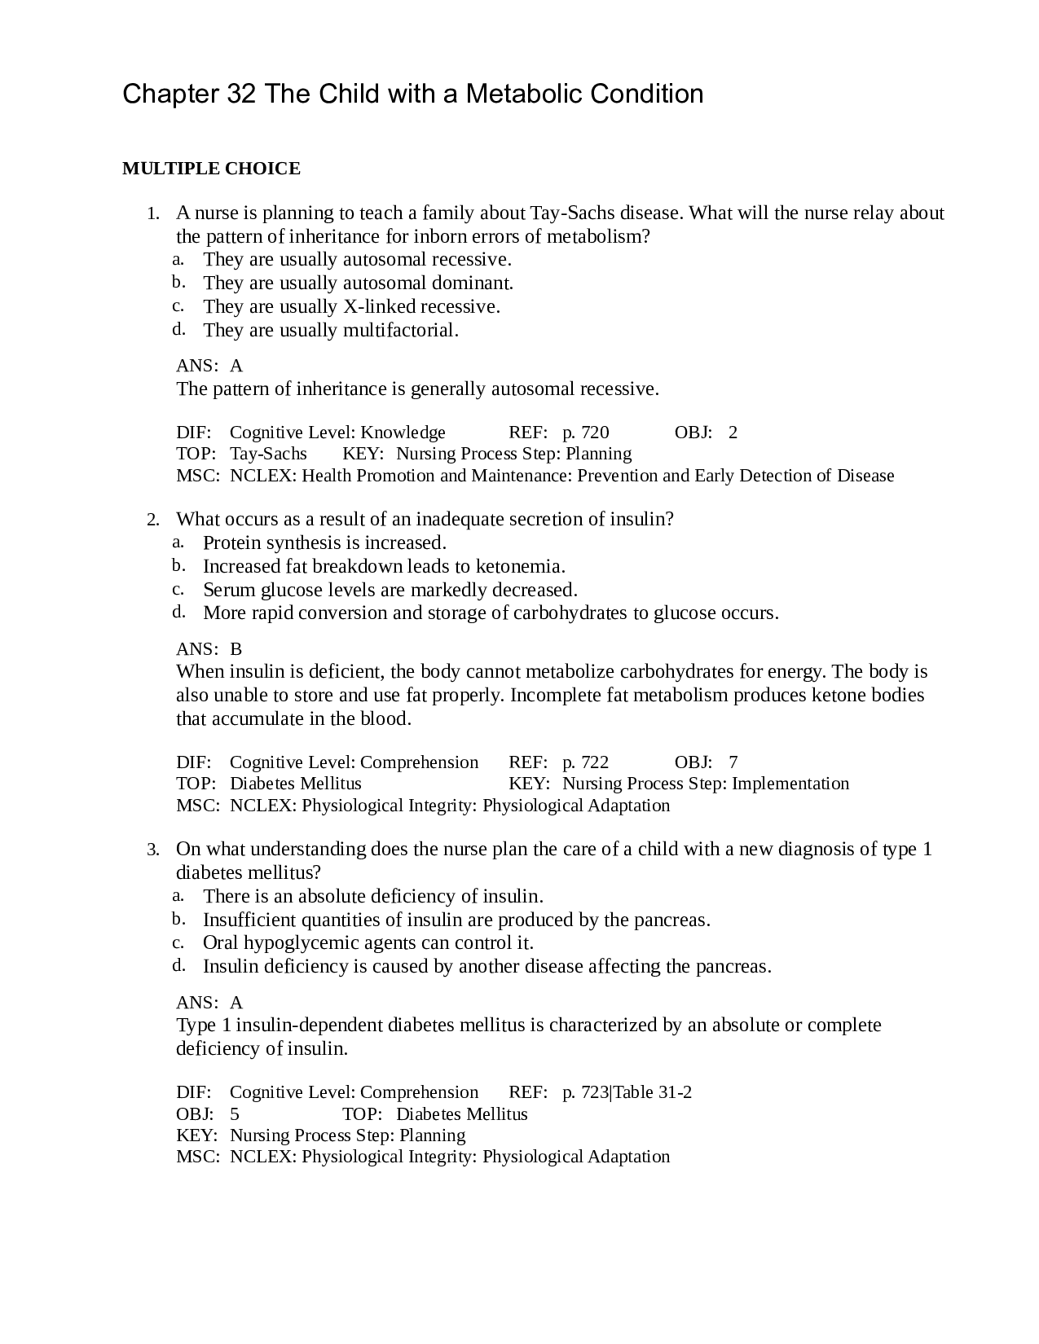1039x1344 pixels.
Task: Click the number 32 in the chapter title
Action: (240, 94)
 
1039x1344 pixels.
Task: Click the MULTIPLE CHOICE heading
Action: (211, 169)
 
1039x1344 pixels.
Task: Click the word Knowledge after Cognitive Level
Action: (403, 433)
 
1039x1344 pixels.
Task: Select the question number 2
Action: (152, 520)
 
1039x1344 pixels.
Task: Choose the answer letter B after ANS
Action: (236, 649)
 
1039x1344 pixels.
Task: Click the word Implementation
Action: (790, 784)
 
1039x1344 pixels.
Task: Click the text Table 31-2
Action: (653, 1092)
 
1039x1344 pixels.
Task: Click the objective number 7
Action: (733, 762)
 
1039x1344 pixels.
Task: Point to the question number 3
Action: (152, 850)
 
